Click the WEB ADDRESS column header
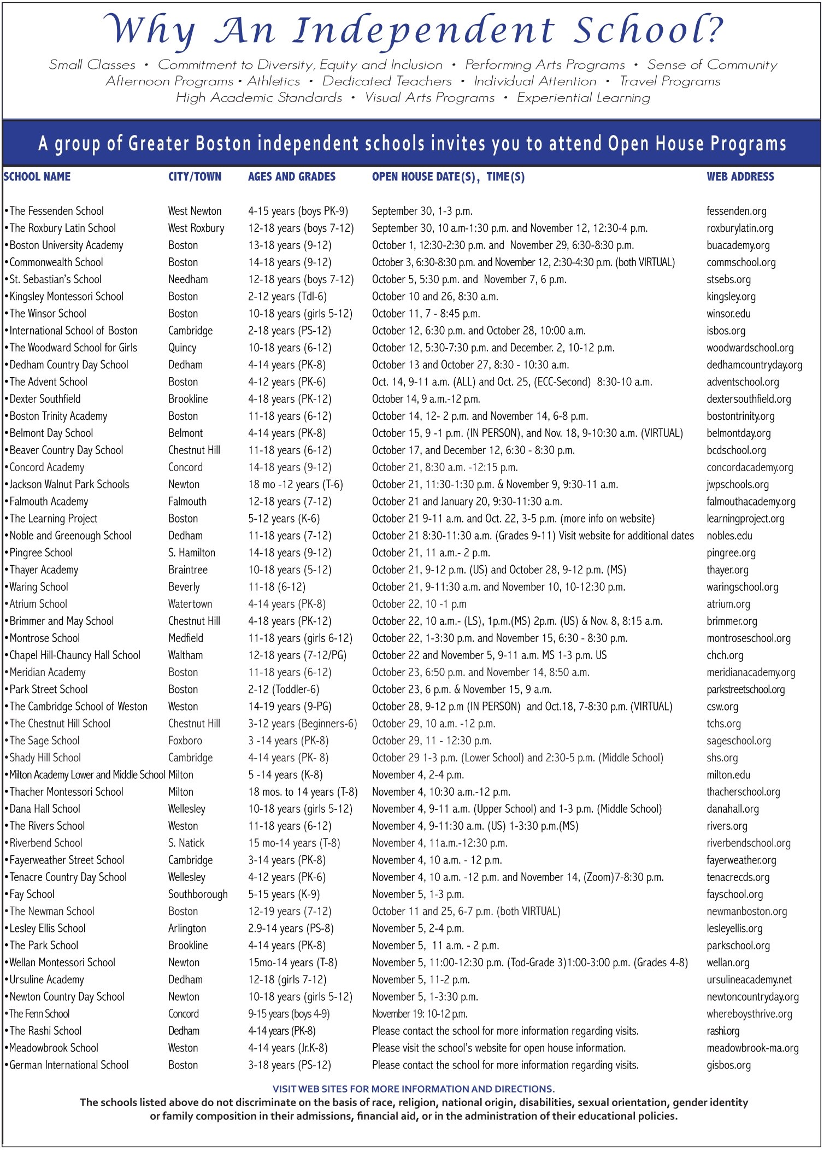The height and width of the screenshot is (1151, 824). (740, 177)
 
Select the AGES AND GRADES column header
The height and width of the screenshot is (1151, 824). (291, 177)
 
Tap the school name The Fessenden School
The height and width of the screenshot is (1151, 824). (56, 211)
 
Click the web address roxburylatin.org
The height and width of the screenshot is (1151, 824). (739, 228)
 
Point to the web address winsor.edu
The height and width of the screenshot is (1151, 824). (728, 313)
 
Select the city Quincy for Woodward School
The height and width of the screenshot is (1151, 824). (182, 348)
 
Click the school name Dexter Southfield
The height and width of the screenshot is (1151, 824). (45, 399)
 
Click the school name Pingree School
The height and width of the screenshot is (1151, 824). (41, 553)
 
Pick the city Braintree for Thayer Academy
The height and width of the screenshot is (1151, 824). (187, 569)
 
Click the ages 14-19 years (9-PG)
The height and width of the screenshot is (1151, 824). (290, 706)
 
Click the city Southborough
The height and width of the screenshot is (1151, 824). (198, 894)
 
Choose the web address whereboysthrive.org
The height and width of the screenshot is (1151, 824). (749, 1014)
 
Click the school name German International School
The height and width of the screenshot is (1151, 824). (69, 1065)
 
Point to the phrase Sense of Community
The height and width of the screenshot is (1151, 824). (712, 64)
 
